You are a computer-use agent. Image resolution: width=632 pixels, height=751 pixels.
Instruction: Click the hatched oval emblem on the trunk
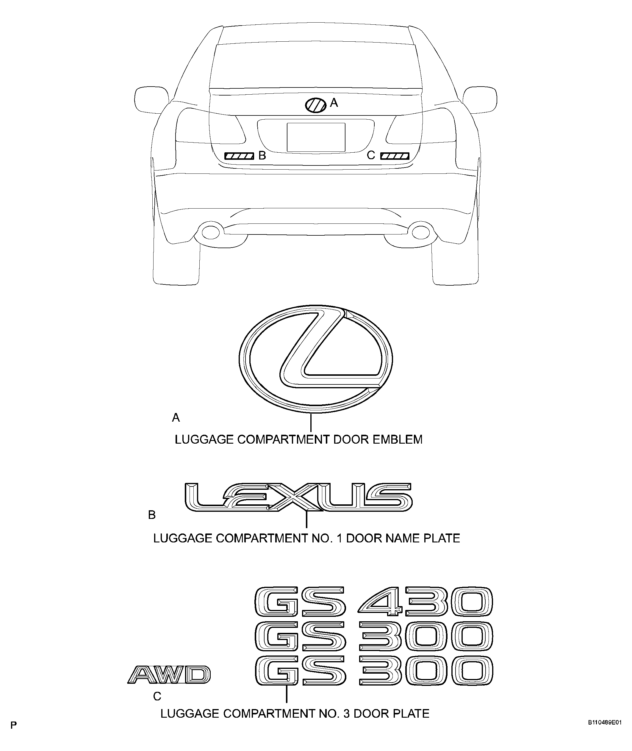point(316,105)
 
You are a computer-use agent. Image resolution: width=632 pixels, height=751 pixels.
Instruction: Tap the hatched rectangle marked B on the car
point(239,156)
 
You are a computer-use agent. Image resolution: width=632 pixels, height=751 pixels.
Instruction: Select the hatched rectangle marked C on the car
point(395,156)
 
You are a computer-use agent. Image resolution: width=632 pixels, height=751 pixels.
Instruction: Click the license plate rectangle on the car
point(316,137)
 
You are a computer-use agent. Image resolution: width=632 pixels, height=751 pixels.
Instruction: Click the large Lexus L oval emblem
point(316,359)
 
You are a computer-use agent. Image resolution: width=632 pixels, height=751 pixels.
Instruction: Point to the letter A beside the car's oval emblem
point(334,103)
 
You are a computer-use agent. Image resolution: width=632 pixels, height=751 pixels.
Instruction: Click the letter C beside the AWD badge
point(157,696)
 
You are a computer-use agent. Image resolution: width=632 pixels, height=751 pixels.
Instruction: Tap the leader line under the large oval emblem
point(311,423)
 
